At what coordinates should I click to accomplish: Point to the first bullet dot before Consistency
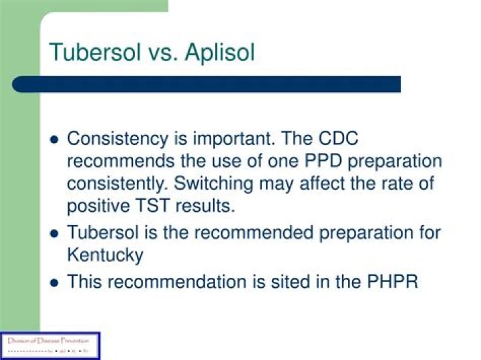55,140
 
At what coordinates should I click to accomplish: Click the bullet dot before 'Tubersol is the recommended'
55,234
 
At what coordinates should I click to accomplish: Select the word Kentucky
106,256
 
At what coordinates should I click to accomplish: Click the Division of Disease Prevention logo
50,345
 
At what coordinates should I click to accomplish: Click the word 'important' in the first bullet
239,140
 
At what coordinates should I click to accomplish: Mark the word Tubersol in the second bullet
102,234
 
